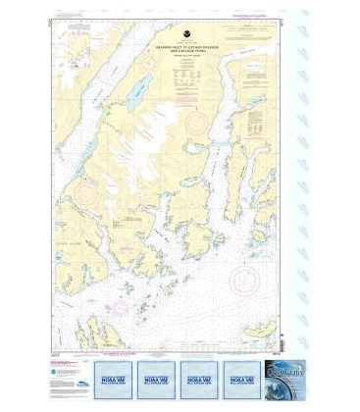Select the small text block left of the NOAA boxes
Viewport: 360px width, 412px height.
point(67,373)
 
